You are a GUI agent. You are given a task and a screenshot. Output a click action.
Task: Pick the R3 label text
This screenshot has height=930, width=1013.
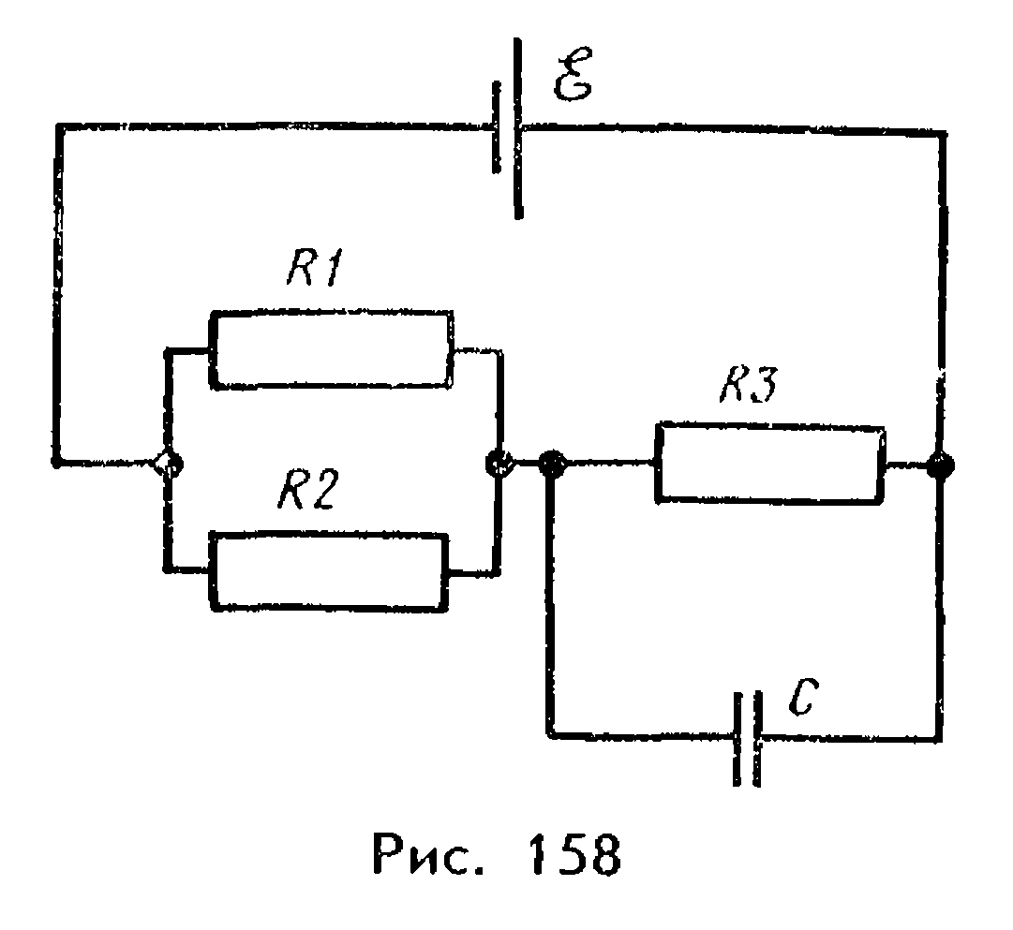tap(750, 386)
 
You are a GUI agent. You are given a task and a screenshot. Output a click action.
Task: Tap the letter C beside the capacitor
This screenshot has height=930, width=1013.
tap(804, 697)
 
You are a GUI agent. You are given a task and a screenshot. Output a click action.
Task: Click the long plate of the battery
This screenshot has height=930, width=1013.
tap(517, 128)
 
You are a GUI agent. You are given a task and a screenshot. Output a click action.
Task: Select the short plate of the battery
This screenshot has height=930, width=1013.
tap(496, 126)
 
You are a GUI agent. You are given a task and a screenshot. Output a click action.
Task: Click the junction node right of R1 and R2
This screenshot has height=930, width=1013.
tap(499, 463)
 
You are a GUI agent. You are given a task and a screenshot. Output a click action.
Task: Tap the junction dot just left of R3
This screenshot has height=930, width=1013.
tap(552, 463)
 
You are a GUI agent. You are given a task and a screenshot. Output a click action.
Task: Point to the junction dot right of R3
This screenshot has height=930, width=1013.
tap(940, 465)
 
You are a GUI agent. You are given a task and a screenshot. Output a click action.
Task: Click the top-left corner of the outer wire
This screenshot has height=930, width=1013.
tap(59, 127)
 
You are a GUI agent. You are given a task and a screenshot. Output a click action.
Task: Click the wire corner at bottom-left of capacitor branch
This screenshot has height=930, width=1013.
tap(551, 733)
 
